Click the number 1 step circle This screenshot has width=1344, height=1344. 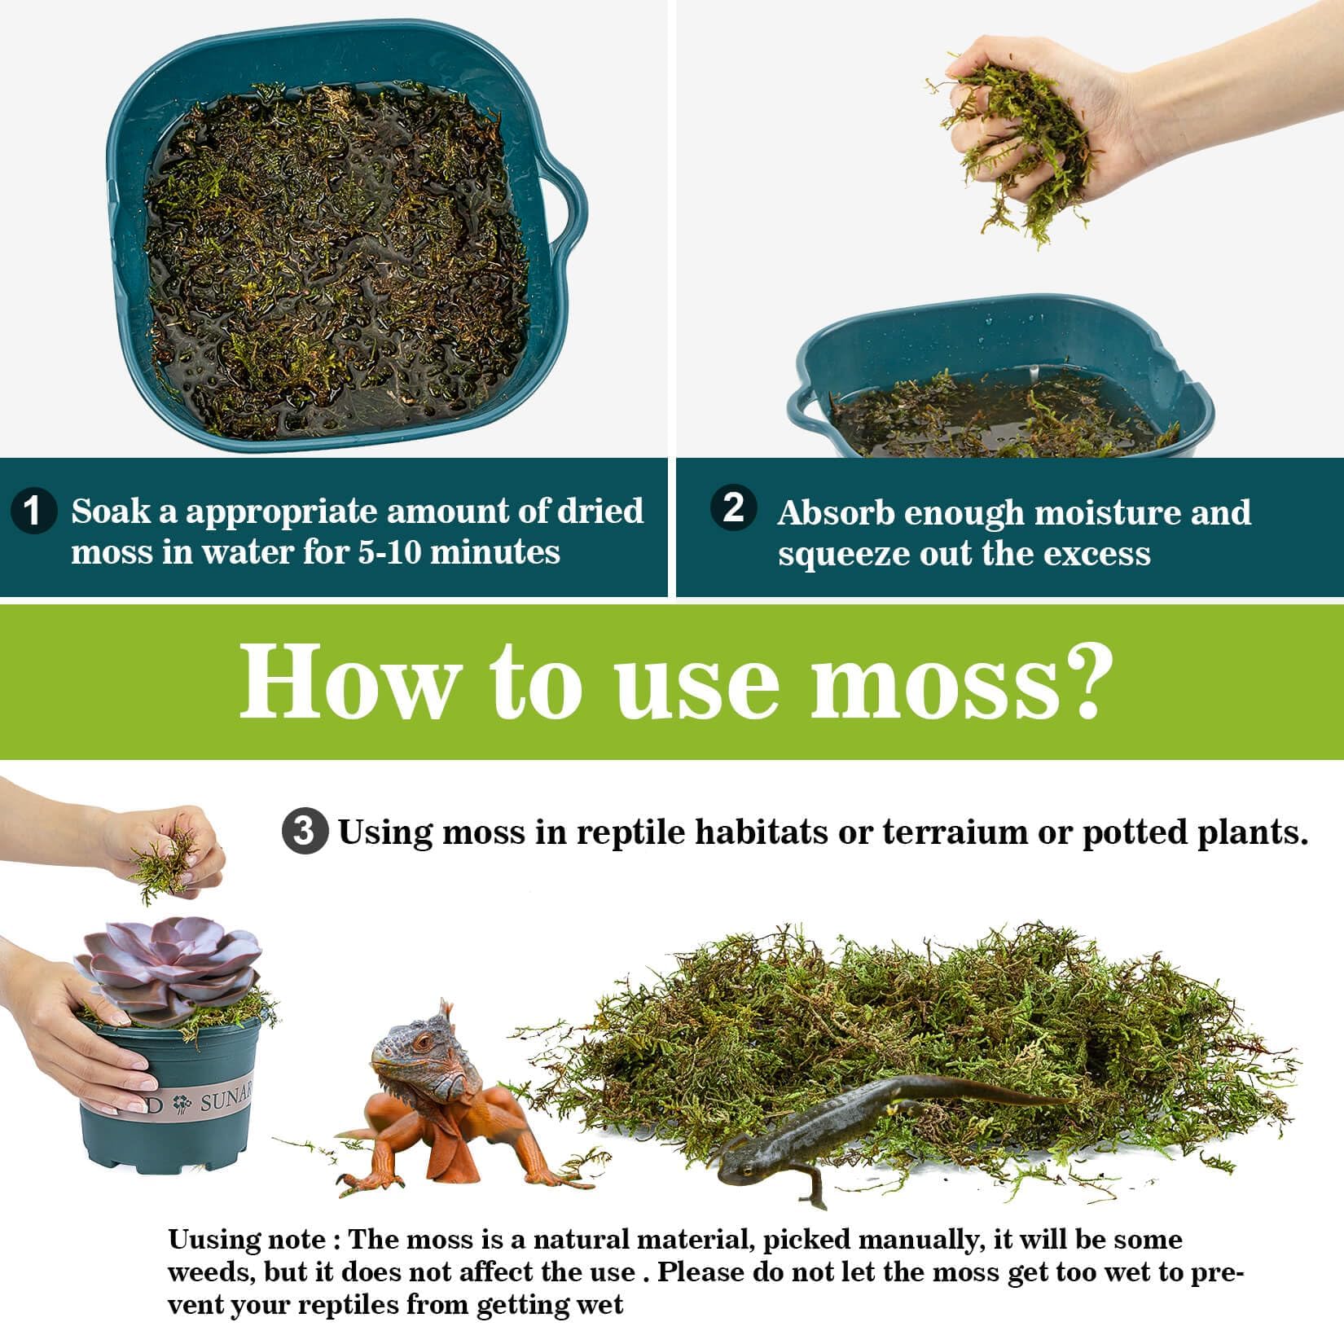[x=33, y=512]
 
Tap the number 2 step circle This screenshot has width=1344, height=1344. [x=733, y=507]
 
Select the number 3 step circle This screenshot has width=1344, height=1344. [x=305, y=832]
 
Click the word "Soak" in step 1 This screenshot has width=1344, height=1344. [x=111, y=512]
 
